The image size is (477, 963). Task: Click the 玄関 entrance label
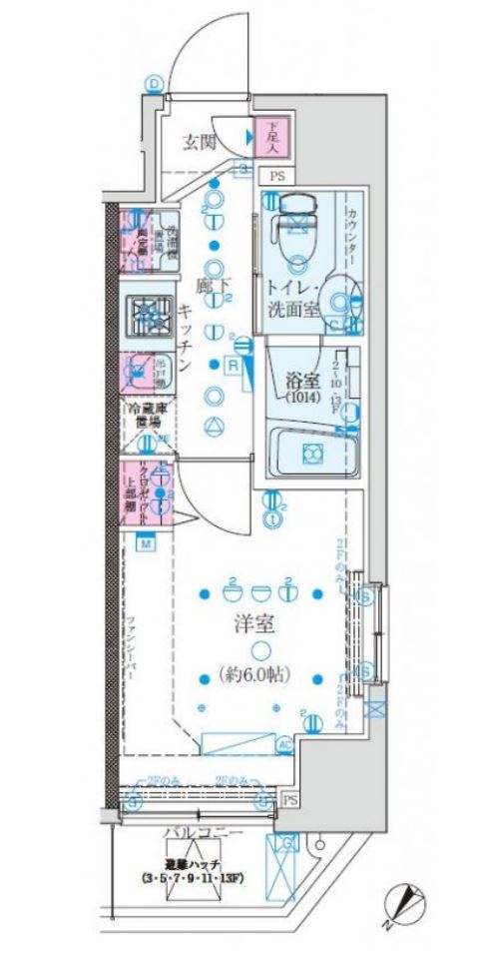click(200, 141)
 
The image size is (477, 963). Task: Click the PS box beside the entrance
click(273, 176)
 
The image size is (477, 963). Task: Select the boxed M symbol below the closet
click(145, 543)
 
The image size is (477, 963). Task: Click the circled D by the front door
click(154, 84)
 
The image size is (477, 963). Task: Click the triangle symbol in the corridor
click(212, 429)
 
